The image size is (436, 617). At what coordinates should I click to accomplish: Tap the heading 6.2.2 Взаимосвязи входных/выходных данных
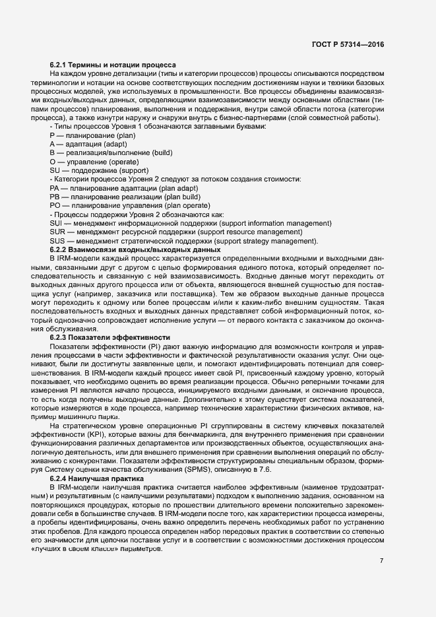point(135,250)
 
